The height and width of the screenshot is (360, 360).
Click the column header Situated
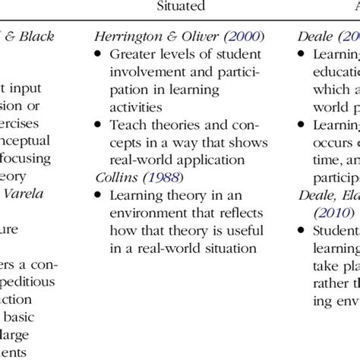(x=180, y=7)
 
